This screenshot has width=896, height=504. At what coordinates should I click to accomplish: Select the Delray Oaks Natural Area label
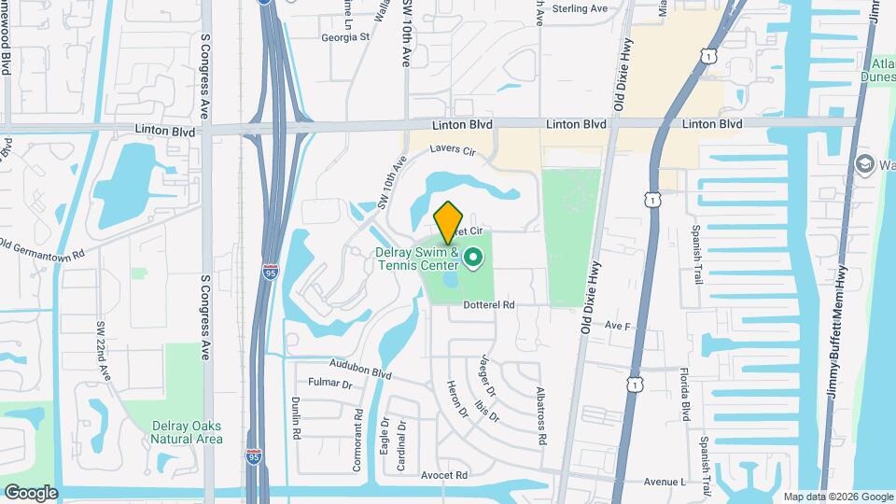pos(188,432)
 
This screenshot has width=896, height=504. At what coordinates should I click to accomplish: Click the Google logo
pos(30,492)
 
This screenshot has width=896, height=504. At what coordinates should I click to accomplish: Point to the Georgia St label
pos(345,38)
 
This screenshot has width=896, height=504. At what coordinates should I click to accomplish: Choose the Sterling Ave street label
pos(579,8)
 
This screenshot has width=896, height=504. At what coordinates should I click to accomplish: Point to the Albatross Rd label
pos(540,415)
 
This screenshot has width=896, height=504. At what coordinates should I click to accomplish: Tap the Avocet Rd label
pos(443,476)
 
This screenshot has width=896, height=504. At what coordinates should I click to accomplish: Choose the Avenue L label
pos(665,482)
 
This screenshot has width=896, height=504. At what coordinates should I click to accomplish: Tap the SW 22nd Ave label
pos(103,352)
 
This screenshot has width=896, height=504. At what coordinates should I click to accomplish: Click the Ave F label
pos(618,326)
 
